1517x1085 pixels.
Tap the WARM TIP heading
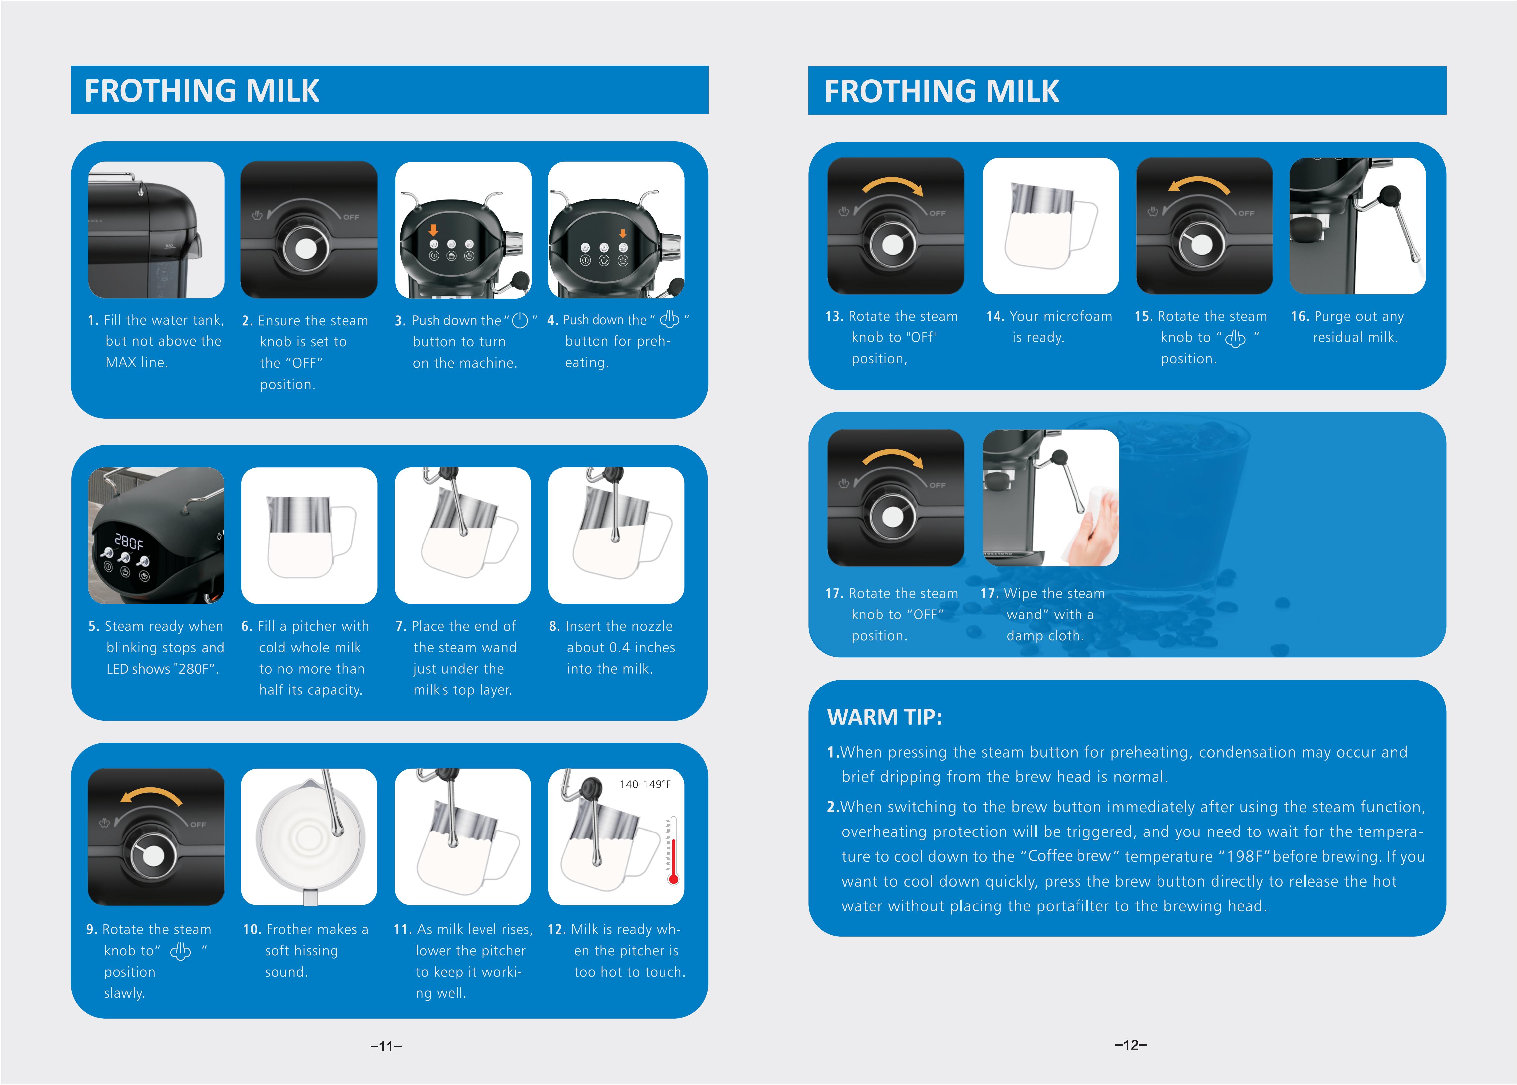click(884, 717)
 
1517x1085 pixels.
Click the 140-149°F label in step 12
click(645, 784)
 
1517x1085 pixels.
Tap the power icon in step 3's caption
click(520, 321)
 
